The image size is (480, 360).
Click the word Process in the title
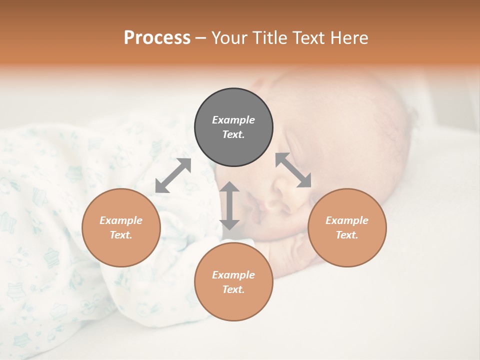tap(157, 38)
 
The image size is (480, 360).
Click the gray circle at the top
tap(233, 127)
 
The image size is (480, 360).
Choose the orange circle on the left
tap(121, 227)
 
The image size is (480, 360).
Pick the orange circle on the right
tap(347, 227)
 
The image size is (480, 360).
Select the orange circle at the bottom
tap(233, 282)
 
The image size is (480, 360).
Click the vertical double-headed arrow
tap(229, 205)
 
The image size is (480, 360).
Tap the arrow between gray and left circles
tap(173, 175)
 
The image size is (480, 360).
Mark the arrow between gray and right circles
tap(293, 170)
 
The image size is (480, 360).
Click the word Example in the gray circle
tap(233, 120)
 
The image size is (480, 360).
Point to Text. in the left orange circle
tap(121, 235)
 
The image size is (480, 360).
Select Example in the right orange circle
tap(347, 220)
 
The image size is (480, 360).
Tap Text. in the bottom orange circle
tap(233, 289)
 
